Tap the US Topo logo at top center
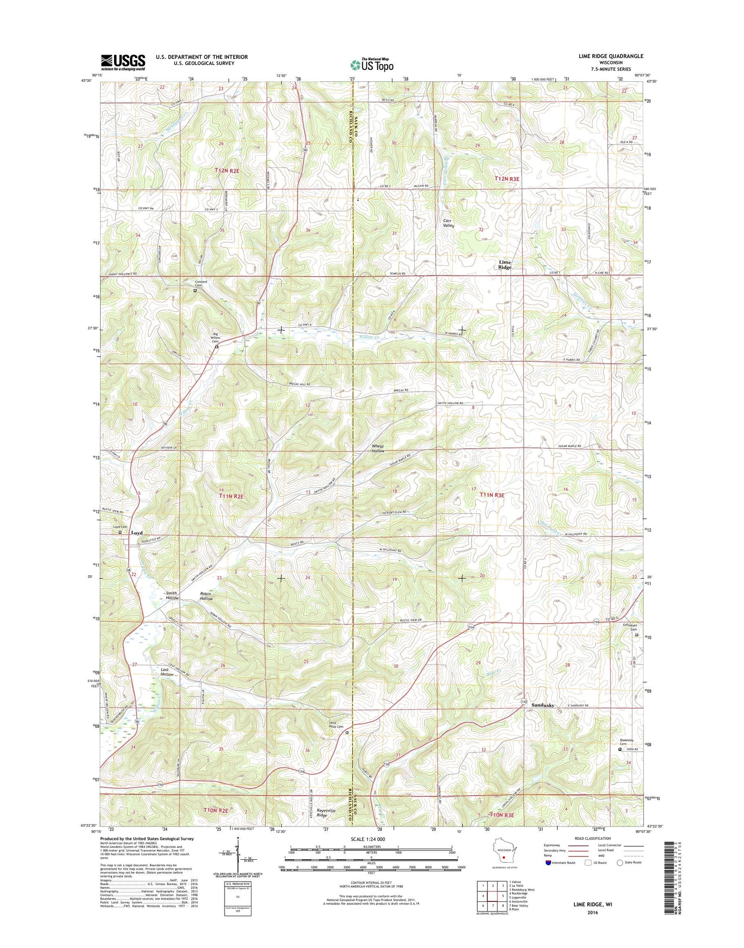(372, 64)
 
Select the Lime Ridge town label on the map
(505, 264)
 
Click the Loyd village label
(136, 533)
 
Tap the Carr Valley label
(448, 223)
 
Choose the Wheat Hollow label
(378, 448)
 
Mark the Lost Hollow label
(167, 672)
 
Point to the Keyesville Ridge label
(329, 813)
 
